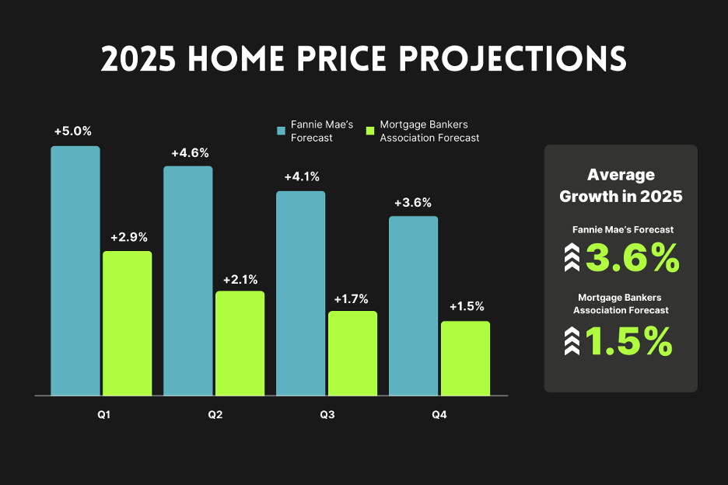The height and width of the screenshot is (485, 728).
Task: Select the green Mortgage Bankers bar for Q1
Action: pyautogui.click(x=127, y=323)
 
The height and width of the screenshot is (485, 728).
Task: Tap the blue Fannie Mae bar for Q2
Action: pyautogui.click(x=187, y=281)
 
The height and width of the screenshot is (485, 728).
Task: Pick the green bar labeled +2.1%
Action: pyautogui.click(x=240, y=344)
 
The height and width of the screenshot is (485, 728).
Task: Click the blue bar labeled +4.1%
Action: pyautogui.click(x=300, y=293)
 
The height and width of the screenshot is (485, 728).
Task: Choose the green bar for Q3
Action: pyautogui.click(x=352, y=354)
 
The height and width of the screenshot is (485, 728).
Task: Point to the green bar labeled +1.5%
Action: pyautogui.click(x=465, y=358)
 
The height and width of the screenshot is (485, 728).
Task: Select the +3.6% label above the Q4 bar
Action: pyautogui.click(x=413, y=203)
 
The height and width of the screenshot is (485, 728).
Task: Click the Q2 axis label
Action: pyautogui.click(x=215, y=415)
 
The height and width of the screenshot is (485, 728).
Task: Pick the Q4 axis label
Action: pyautogui.click(x=439, y=415)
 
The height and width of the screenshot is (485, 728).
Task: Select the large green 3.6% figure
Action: pyautogui.click(x=632, y=258)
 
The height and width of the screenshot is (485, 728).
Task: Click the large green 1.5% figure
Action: pyautogui.click(x=628, y=341)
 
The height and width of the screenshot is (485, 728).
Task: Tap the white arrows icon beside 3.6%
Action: pyautogui.click(x=572, y=258)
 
